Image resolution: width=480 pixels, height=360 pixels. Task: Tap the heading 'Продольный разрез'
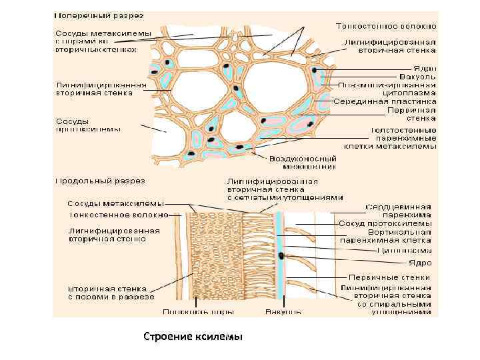pos(99,180)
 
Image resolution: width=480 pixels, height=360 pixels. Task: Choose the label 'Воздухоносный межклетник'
pos(303,163)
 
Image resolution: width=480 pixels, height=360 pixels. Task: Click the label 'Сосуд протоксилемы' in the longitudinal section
pos(385,223)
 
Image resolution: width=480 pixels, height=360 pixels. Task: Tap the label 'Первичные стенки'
pos(389,277)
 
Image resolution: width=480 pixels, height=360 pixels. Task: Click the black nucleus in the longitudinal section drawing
pos(283,255)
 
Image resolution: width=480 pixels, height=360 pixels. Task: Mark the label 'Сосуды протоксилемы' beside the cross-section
pos(87,125)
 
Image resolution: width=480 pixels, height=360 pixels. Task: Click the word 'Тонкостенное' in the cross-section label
pos(369,26)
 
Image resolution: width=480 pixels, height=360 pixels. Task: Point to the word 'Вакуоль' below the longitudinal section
pos(283,311)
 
